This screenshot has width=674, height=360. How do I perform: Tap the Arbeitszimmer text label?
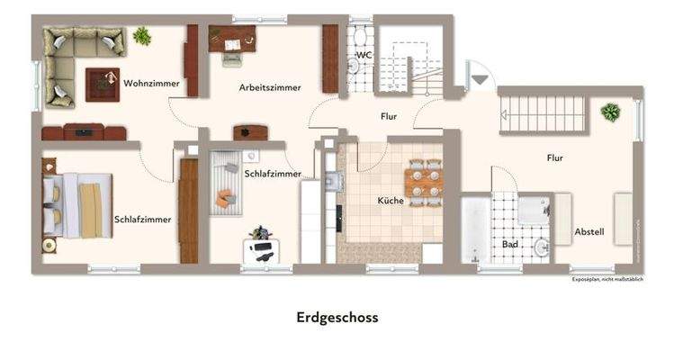pos(270,87)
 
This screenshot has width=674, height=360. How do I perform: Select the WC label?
pos(364,55)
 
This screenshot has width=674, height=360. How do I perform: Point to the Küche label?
pos(391,201)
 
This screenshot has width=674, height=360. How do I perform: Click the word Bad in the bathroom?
pos(509,244)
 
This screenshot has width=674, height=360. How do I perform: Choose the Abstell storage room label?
pos(589,232)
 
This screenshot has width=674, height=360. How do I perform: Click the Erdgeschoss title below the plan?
pos(337,318)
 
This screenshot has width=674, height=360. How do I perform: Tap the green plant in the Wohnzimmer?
pos(141,36)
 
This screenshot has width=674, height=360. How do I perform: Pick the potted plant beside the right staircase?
pos(611,112)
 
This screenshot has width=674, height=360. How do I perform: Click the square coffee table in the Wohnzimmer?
pos(102,84)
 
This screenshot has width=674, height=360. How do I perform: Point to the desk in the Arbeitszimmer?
pos(232,38)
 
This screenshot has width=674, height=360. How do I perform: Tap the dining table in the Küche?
pos(423,181)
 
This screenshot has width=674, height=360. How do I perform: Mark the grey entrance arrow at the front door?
pos(481,80)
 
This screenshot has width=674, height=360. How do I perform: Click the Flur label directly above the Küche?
pos(388,116)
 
